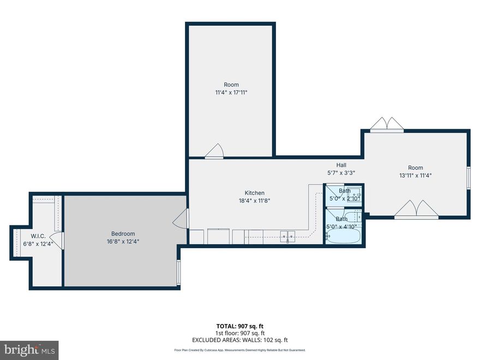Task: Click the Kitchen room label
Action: click(254, 193)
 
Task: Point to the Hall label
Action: click(341, 165)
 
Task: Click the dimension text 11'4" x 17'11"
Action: click(231, 93)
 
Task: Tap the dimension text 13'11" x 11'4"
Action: click(415, 176)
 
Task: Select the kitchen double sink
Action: click(288, 236)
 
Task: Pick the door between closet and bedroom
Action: click(58, 238)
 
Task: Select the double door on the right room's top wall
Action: click(387, 125)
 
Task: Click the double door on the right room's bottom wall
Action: click(416, 210)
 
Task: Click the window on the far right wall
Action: click(468, 178)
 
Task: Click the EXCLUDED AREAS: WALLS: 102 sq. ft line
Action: click(239, 340)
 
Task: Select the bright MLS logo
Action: click(29, 349)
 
